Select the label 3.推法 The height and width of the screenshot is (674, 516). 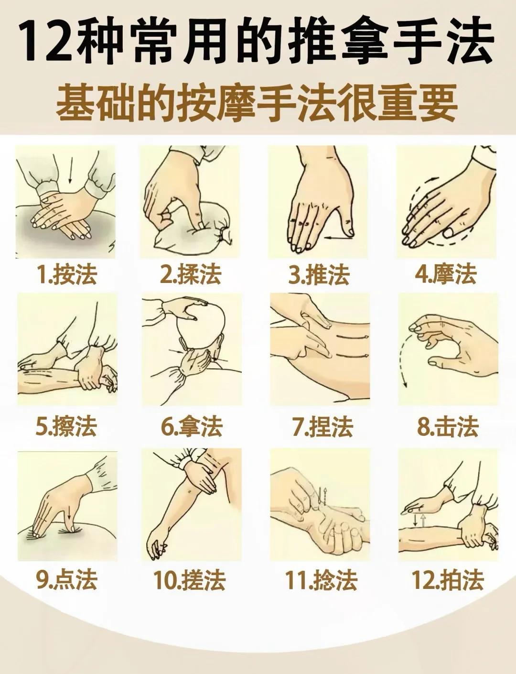point(319,275)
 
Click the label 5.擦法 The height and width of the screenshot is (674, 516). point(66,426)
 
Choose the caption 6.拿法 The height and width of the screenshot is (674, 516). point(191,426)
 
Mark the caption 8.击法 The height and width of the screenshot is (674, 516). point(448,426)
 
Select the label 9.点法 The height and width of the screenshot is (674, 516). point(66,580)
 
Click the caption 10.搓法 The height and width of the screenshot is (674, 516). point(189,580)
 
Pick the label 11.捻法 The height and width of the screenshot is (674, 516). point(321,580)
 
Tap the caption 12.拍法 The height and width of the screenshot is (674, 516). point(448,580)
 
